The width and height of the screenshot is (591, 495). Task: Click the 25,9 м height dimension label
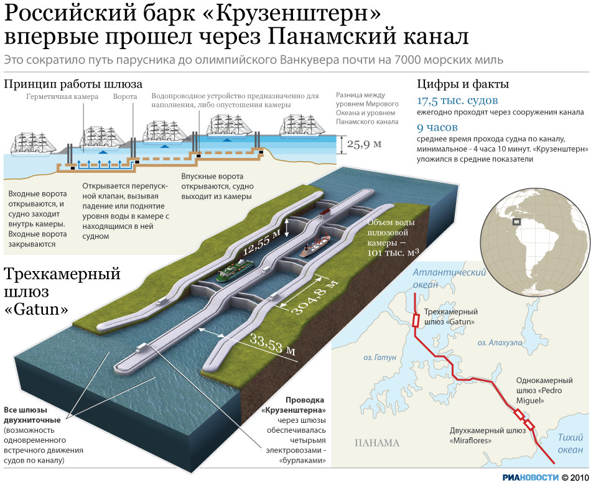click(364, 144)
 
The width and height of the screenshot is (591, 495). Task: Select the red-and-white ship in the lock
click(315, 245)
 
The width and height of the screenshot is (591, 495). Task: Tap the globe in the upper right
click(535, 242)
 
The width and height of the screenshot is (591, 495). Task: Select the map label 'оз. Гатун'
click(379, 357)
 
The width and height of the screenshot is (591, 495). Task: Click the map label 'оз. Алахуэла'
click(500, 343)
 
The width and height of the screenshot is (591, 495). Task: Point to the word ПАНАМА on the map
click(377, 443)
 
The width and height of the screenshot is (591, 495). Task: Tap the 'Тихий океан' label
click(570, 443)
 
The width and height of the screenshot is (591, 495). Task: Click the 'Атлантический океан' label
click(449, 278)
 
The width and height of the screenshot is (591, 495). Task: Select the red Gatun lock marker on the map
click(416, 321)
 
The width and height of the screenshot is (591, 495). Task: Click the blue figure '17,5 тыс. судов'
click(457, 101)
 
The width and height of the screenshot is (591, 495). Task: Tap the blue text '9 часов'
click(437, 127)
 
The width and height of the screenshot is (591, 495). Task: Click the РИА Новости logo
click(530, 478)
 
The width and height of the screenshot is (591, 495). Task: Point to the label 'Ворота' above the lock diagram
click(125, 96)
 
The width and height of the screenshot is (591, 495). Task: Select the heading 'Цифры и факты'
click(463, 84)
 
